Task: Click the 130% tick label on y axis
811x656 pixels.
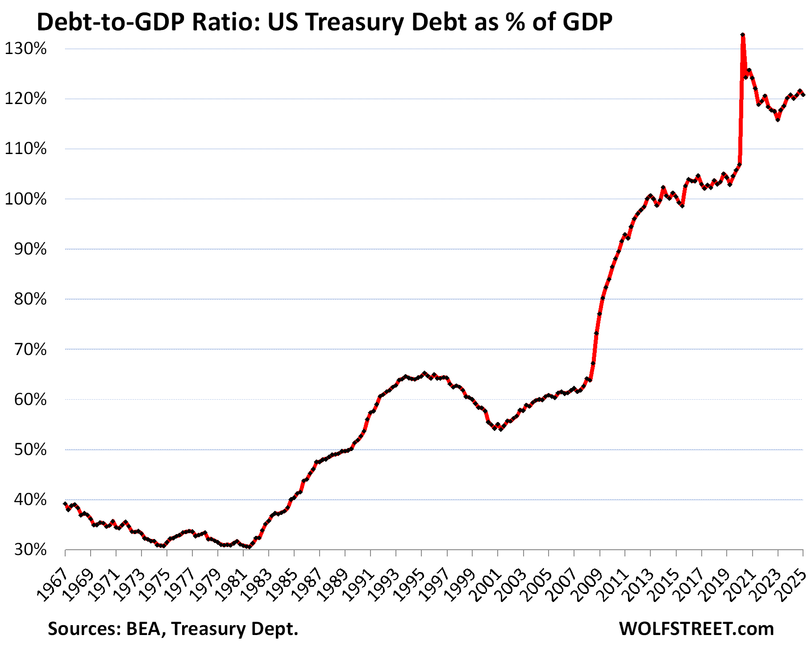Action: (26, 49)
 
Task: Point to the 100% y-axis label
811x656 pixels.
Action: (26, 199)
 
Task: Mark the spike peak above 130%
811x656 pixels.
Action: (743, 34)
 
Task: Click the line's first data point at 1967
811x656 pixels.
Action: (65, 504)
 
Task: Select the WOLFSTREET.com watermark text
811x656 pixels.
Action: (696, 629)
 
